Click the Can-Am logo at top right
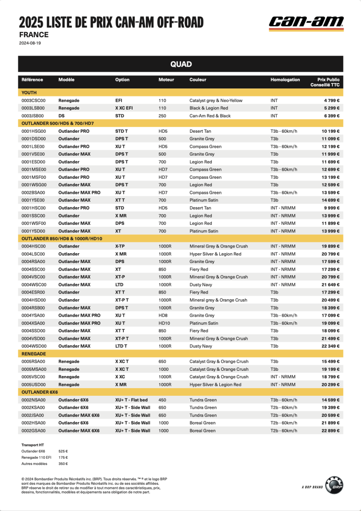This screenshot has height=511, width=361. (306, 23)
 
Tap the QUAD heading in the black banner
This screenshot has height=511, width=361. (181, 64)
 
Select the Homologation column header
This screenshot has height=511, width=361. (285, 80)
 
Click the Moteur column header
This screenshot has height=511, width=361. (166, 80)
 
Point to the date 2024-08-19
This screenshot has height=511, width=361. (30, 43)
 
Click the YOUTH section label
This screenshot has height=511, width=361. (29, 93)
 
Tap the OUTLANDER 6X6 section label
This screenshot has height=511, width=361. (40, 392)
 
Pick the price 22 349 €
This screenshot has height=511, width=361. (330, 346)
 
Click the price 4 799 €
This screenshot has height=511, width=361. (331, 100)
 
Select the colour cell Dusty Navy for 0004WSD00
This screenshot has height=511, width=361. (202, 346)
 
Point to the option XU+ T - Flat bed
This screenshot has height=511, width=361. (131, 400)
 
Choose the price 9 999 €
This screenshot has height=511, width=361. (331, 208)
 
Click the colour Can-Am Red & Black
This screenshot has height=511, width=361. (210, 116)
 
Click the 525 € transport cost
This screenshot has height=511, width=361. (63, 451)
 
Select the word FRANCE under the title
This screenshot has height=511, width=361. (34, 34)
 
